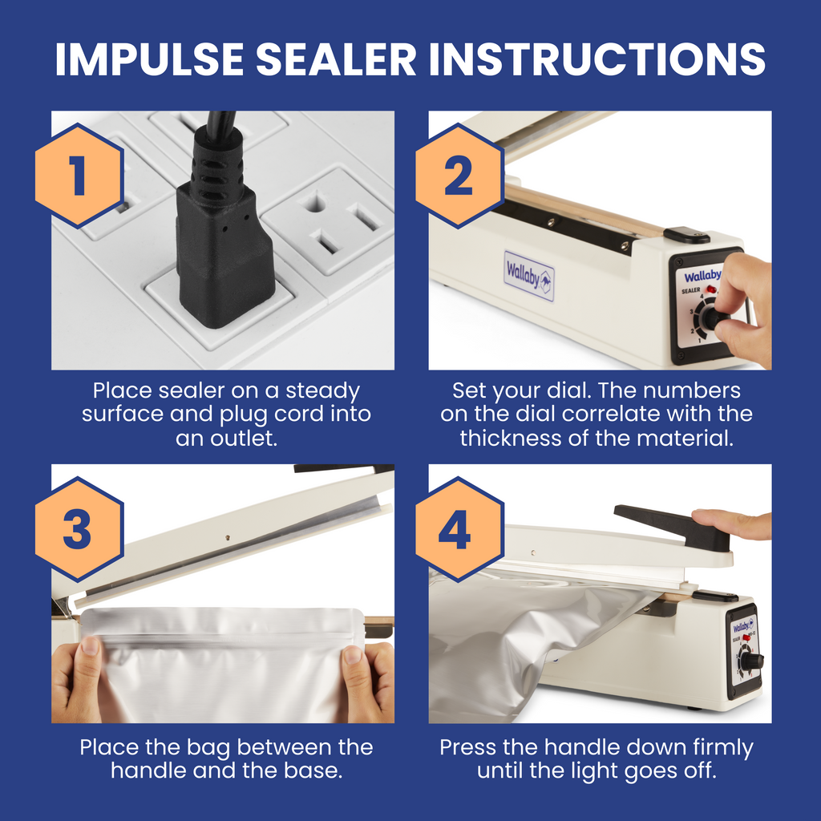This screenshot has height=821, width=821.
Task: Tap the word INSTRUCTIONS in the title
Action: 597,59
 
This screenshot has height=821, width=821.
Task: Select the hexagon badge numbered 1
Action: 79,176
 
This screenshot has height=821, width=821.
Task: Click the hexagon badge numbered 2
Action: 459,176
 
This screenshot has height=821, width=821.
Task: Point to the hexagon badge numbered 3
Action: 79,529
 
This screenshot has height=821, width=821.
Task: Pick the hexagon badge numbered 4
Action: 459,529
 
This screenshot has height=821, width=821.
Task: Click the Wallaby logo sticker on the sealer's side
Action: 529,276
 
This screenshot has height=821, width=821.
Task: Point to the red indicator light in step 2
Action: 711,289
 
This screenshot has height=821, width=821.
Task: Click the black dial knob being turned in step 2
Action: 713,317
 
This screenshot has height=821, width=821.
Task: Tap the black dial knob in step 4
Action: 751,661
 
